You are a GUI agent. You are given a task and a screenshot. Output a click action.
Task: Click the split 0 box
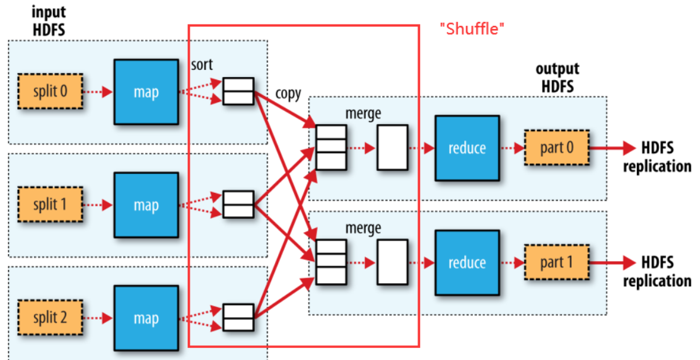tap(50, 92)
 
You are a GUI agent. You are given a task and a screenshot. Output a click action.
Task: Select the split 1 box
tap(50, 205)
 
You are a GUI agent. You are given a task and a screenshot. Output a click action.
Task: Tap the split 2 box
tap(50, 318)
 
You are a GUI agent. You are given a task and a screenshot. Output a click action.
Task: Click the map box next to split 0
tap(146, 92)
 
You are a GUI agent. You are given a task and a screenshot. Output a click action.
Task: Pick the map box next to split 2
tap(146, 318)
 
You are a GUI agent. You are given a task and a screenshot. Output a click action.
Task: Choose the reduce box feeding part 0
tap(467, 148)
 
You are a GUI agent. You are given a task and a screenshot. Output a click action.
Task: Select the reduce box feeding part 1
tap(467, 262)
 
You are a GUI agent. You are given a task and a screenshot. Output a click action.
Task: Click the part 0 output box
tap(556, 148)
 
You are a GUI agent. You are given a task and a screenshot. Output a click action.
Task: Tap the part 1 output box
tap(556, 262)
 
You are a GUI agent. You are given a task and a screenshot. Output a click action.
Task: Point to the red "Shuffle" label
tap(473, 29)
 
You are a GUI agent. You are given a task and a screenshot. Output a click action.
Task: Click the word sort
tap(201, 64)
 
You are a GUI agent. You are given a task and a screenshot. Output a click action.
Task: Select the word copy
tap(288, 93)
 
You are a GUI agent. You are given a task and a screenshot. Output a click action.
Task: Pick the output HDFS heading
tap(557, 78)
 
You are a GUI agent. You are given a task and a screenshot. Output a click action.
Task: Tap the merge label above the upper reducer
tap(363, 114)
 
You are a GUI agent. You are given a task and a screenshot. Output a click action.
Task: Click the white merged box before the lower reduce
tap(392, 262)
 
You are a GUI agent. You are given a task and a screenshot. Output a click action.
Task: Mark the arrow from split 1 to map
tap(98, 205)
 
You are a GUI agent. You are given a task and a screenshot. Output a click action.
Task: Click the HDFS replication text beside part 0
tap(657, 157)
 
